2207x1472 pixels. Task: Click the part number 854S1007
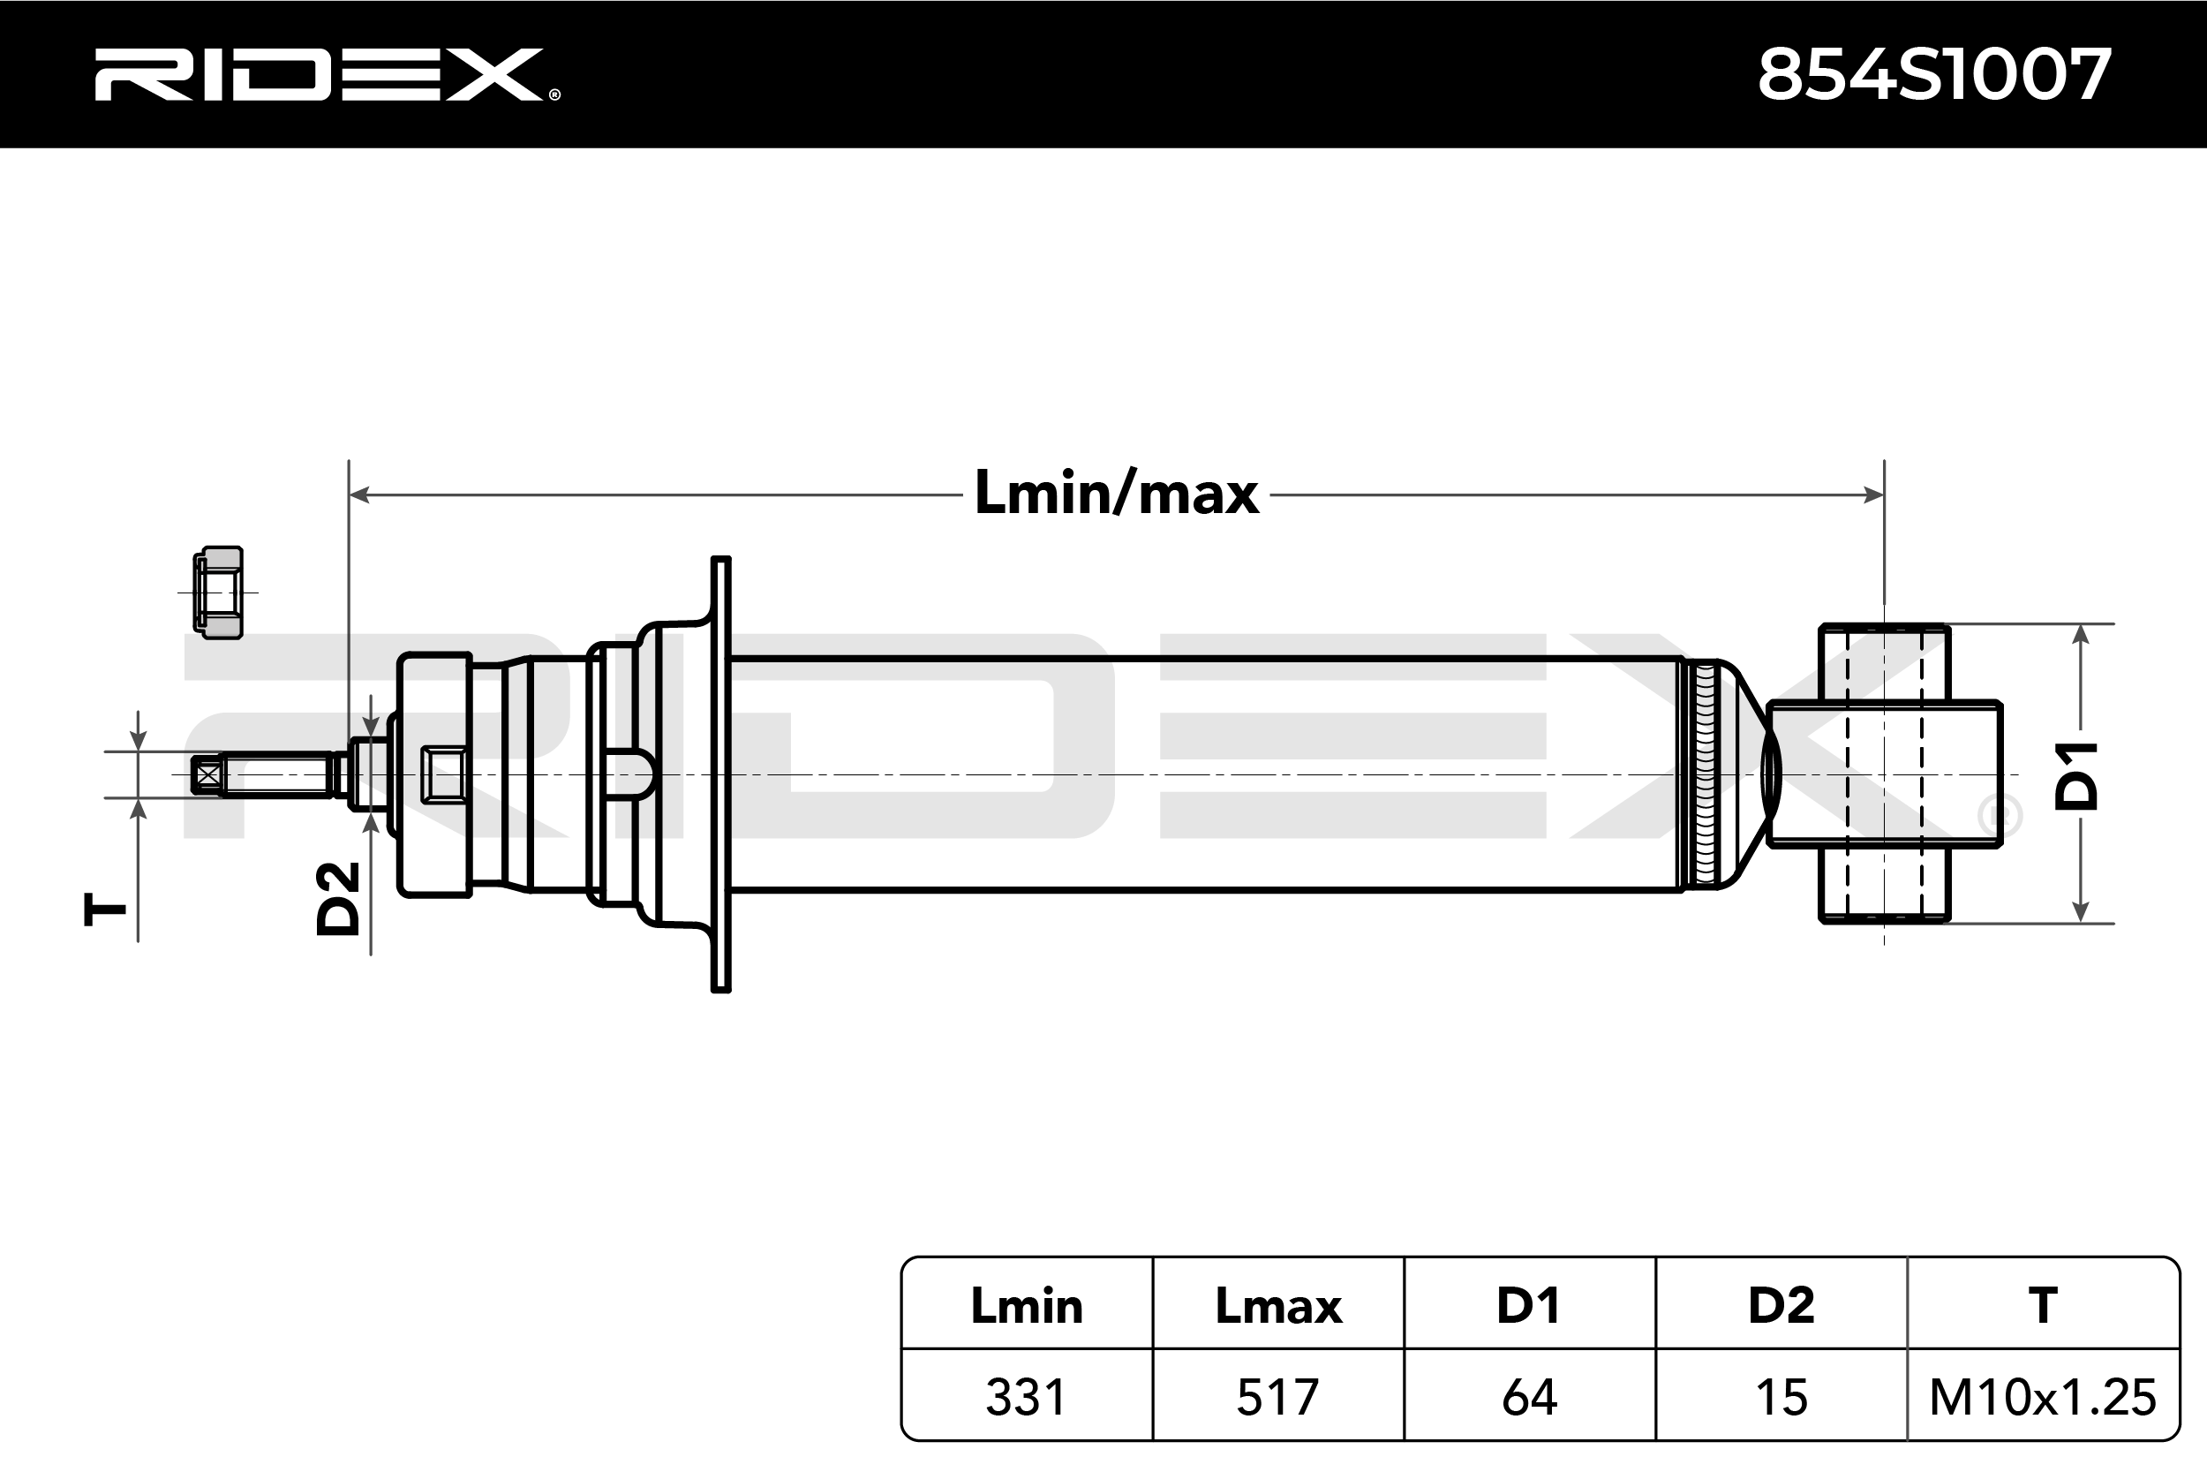pyautogui.click(x=1935, y=75)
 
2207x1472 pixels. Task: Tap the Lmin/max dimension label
pyautogui.click(x=1117, y=494)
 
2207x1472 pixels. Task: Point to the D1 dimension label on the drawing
pyautogui.click(x=2076, y=775)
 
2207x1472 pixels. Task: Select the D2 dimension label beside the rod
pyautogui.click(x=338, y=898)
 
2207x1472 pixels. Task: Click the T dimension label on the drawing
pyautogui.click(x=105, y=910)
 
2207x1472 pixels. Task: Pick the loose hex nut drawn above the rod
pyautogui.click(x=219, y=593)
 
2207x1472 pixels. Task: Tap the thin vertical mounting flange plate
pyautogui.click(x=720, y=774)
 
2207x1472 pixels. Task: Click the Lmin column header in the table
pyautogui.click(x=1027, y=1306)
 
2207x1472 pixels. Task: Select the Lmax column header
pyautogui.click(x=1278, y=1306)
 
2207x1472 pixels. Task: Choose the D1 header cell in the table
pyautogui.click(x=1530, y=1306)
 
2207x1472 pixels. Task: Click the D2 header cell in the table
pyautogui.click(x=1781, y=1306)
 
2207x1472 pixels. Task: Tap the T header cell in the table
pyautogui.click(x=2043, y=1306)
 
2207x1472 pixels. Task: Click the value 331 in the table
pyautogui.click(x=1027, y=1397)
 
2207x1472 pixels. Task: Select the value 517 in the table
pyautogui.click(x=1278, y=1397)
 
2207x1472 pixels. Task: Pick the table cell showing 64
pyautogui.click(x=1530, y=1397)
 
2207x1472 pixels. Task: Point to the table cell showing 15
pyautogui.click(x=1781, y=1397)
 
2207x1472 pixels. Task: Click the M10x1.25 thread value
pyautogui.click(x=2043, y=1397)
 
